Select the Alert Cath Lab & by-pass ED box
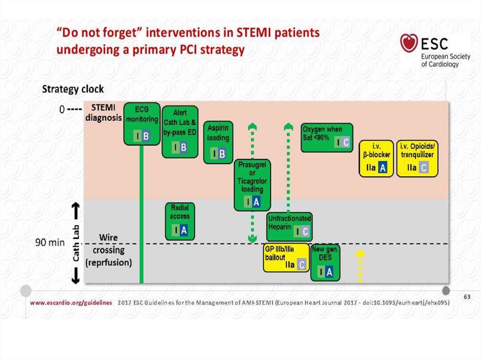click(180, 131)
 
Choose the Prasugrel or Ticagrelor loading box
click(252, 184)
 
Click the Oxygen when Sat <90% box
click(327, 138)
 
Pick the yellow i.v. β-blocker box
click(376, 159)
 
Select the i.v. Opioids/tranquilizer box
click(417, 159)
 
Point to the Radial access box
click(180, 221)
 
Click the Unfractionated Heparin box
click(290, 226)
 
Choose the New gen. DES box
click(325, 262)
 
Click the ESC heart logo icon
click(409, 44)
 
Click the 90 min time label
click(50, 243)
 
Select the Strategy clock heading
click(73, 89)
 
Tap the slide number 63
click(466, 297)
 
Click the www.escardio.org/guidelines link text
click(71, 303)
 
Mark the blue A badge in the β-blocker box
click(383, 168)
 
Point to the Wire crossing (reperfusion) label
click(109, 251)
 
